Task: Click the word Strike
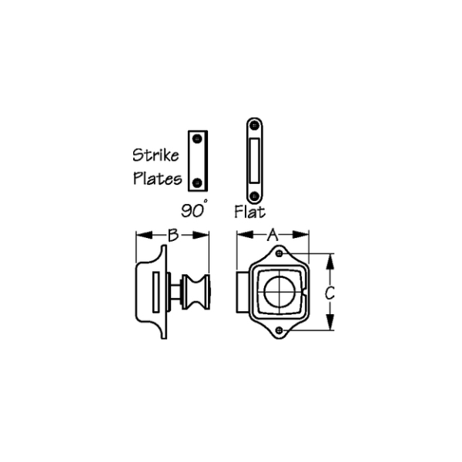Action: [156, 155]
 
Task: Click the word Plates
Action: [158, 179]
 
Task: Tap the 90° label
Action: [194, 209]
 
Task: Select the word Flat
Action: [249, 212]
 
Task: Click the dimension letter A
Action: [273, 235]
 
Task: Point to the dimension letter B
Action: [173, 235]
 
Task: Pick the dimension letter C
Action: [330, 293]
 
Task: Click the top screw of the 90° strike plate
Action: [197, 139]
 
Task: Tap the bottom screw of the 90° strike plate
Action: [197, 183]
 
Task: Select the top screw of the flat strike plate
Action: [254, 126]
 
